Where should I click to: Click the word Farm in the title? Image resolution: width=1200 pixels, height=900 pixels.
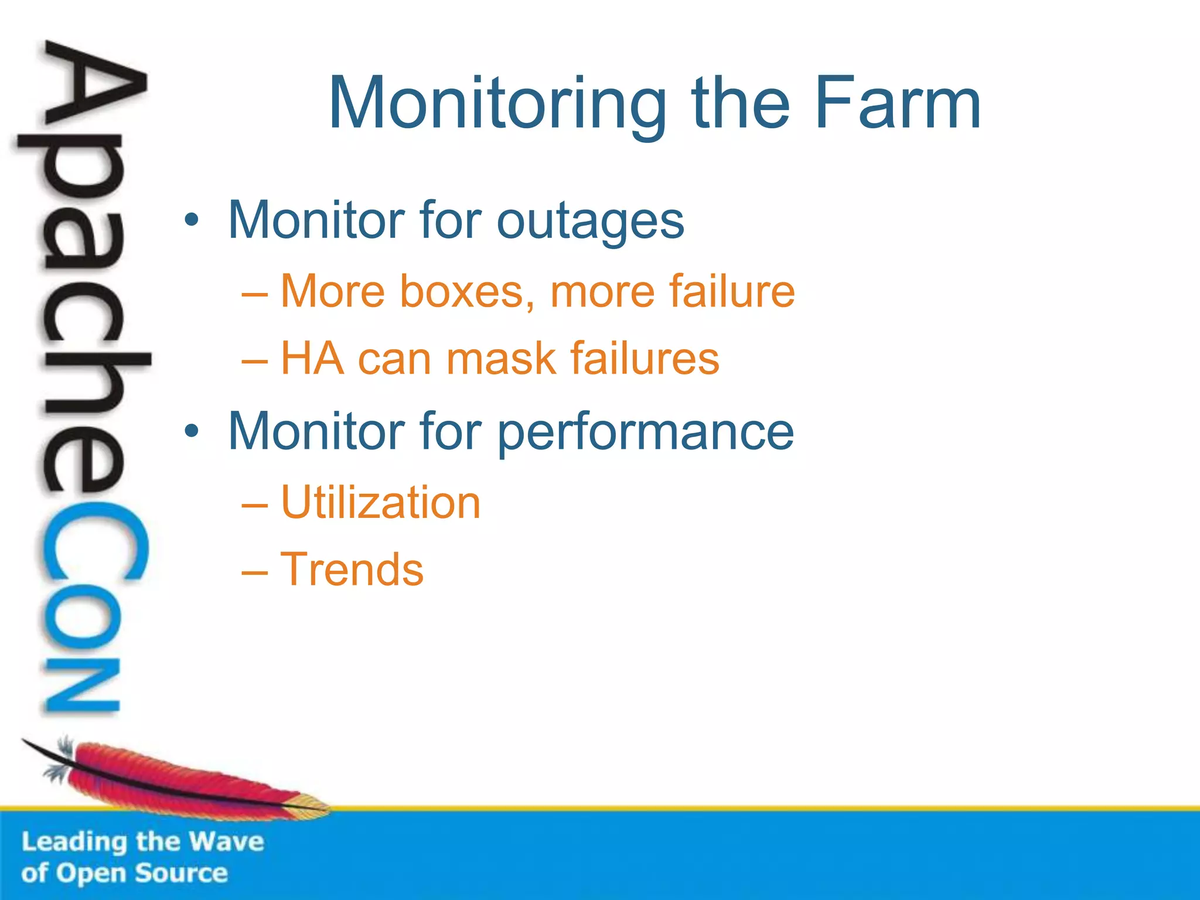(x=897, y=104)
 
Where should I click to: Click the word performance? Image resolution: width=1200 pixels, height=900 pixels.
(x=646, y=432)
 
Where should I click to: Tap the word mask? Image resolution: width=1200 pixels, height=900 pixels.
(x=500, y=358)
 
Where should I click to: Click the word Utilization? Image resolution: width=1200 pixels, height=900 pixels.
(x=380, y=502)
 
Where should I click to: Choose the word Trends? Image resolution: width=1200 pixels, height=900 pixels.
(x=352, y=569)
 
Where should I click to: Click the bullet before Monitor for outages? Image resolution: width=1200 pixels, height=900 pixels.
(x=191, y=221)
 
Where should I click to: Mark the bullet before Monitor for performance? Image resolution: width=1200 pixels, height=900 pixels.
(x=191, y=432)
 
